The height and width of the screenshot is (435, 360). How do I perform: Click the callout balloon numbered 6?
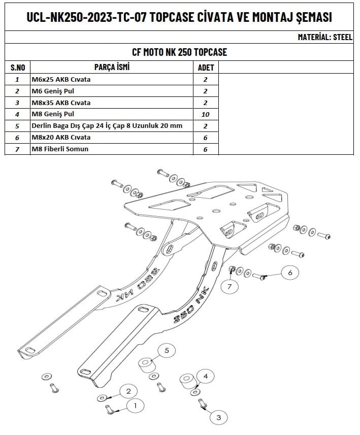[290, 273]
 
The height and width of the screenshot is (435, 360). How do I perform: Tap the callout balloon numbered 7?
[230, 287]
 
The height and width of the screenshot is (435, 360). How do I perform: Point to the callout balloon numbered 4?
[205, 377]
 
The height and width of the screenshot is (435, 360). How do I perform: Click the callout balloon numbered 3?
[219, 417]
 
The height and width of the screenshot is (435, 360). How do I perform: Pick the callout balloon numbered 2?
[128, 391]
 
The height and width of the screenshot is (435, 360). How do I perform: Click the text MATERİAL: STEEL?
[325, 37]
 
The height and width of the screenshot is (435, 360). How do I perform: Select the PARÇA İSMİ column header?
[112, 67]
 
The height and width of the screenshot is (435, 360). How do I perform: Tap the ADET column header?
[206, 67]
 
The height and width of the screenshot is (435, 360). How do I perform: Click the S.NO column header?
[18, 67]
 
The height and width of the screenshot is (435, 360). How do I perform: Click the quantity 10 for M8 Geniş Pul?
[206, 114]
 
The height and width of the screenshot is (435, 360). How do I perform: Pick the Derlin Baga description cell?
[107, 125]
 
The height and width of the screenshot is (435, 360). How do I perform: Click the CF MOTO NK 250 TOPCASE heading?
[179, 52]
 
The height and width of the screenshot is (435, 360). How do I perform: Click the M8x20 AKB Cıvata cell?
[61, 137]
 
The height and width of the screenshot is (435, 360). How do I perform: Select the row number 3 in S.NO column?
[17, 103]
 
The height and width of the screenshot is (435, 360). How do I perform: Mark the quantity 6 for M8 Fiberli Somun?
[206, 149]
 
